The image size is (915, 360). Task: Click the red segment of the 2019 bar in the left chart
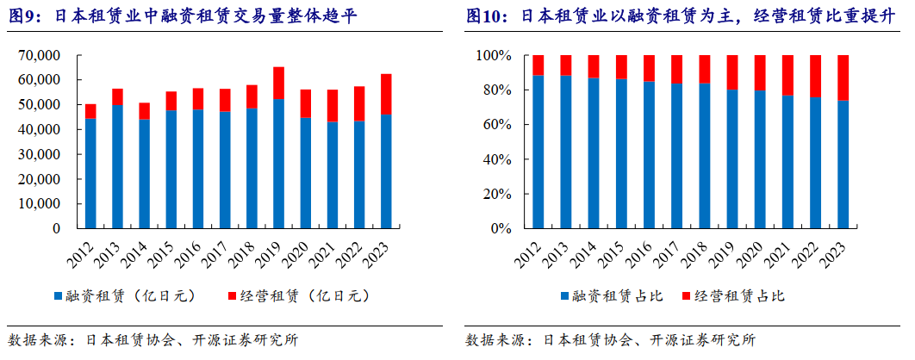point(278,83)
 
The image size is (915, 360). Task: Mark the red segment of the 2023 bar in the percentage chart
point(843,78)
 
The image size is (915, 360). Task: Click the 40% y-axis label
point(497,159)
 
